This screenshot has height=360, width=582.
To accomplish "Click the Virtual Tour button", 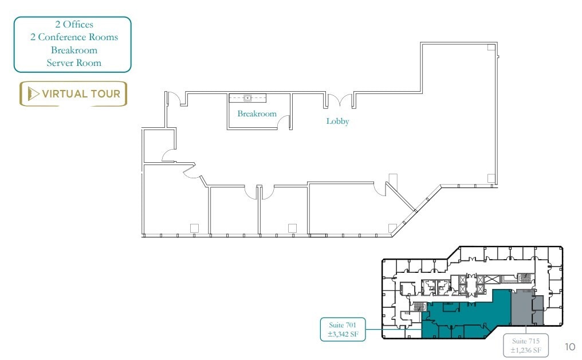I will [x=73, y=94].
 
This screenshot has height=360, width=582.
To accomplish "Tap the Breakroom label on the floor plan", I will [x=257, y=114].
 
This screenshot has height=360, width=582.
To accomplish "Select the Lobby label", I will [x=337, y=122].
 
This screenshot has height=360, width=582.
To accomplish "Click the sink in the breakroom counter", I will [x=247, y=98].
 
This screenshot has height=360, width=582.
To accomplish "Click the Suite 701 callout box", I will [x=343, y=329].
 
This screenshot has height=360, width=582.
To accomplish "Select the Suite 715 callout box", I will [x=526, y=345].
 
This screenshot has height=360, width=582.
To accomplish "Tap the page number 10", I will [x=569, y=347].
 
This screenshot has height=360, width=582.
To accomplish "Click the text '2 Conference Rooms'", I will [x=74, y=37].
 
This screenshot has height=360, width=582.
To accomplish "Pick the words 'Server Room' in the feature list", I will [x=74, y=62].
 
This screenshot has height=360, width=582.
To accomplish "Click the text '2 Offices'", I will [x=74, y=25].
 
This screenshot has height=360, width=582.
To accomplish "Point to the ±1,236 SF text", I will [x=526, y=350].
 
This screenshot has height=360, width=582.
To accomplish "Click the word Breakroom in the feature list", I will [x=74, y=50].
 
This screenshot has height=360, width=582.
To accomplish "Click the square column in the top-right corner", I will [x=491, y=47].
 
